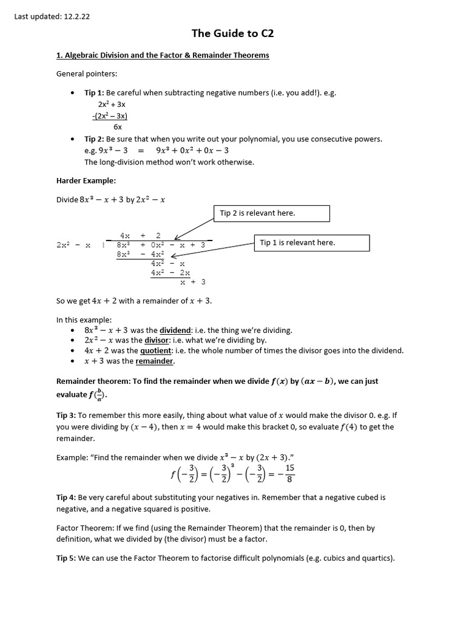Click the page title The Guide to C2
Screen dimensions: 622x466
point(233,33)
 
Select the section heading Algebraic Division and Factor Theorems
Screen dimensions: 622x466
point(163,55)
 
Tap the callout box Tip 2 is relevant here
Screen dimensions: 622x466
point(271,213)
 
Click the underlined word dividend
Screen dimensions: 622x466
point(175,330)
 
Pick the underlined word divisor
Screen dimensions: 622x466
point(156,340)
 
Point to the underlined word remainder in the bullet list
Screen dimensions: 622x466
point(154,361)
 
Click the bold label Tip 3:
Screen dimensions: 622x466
point(66,415)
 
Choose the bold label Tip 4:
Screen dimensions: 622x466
point(66,497)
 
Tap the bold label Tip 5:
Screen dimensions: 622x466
point(66,556)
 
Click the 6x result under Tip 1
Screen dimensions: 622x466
point(118,127)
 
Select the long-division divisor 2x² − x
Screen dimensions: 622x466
point(73,245)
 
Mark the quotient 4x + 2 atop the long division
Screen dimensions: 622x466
point(140,235)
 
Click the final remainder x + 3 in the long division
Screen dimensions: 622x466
point(194,282)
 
